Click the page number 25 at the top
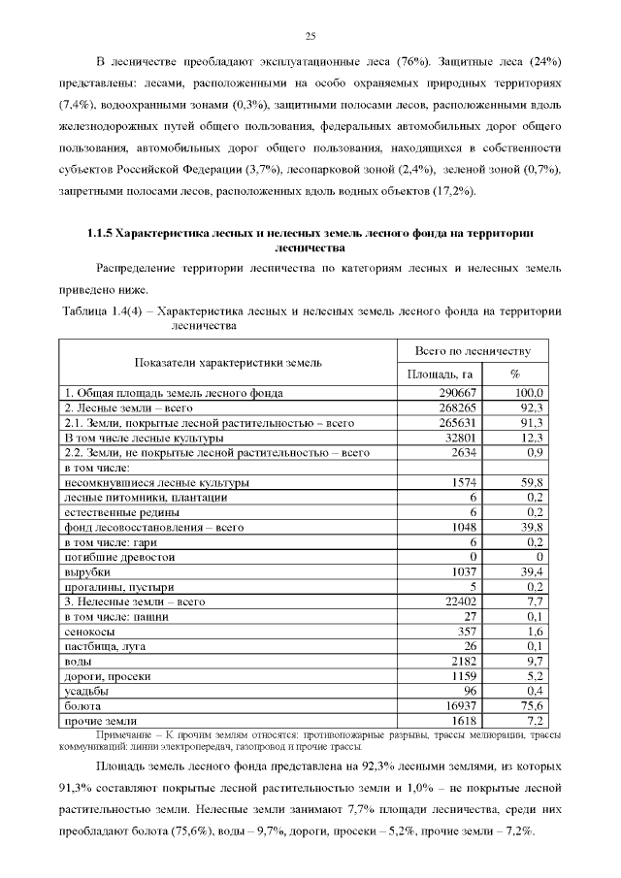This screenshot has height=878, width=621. [311, 37]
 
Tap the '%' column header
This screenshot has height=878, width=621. [514, 374]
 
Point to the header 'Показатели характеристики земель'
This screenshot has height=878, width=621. [227, 362]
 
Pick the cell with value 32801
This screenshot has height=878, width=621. [454, 438]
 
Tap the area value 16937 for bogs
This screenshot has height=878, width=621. [454, 706]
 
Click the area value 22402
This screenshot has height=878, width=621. [454, 602]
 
